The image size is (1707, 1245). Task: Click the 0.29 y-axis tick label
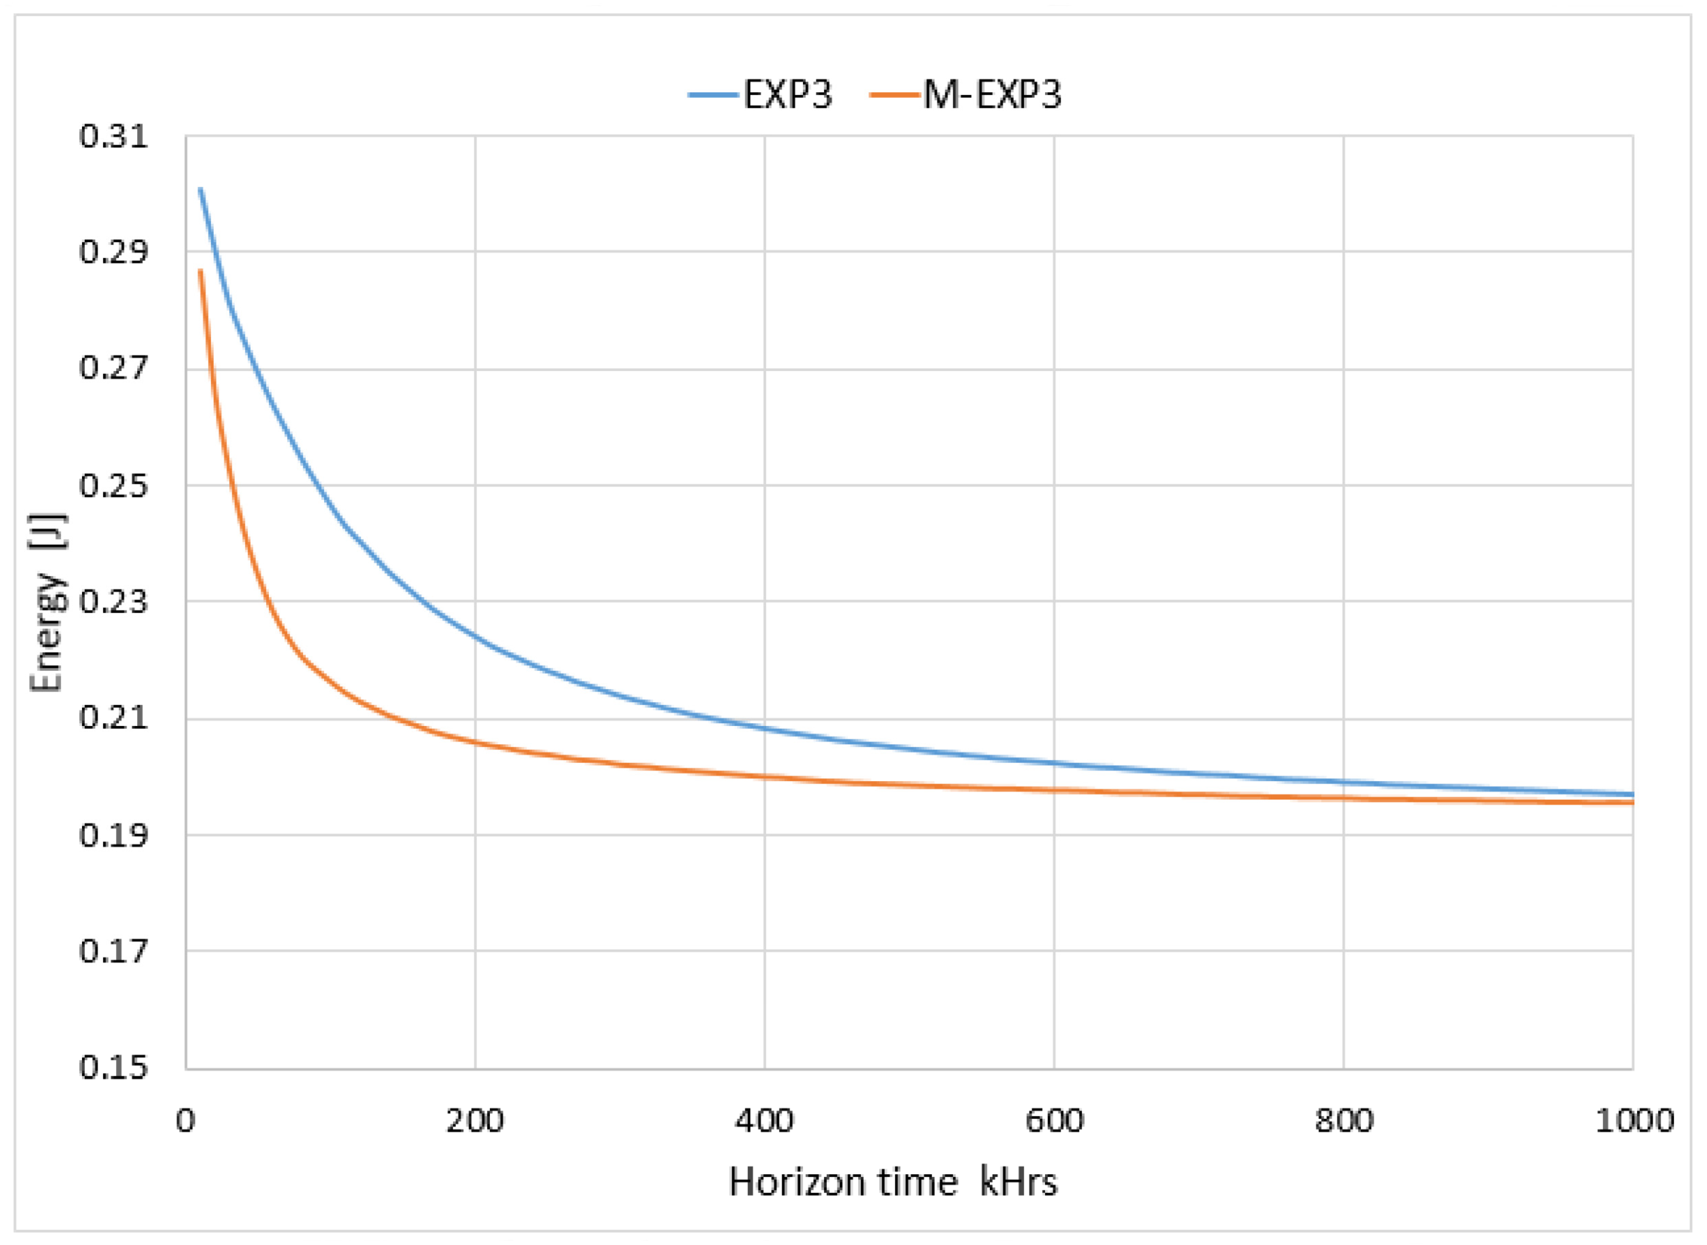tap(113, 252)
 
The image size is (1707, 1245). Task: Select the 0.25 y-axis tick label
tap(113, 485)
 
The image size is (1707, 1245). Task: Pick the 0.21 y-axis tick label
tap(113, 718)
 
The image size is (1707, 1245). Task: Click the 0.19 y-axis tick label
tap(113, 835)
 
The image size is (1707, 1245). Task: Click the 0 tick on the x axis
tap(186, 1121)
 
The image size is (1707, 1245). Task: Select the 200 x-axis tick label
tap(475, 1121)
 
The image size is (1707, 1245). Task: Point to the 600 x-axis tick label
tap(1054, 1121)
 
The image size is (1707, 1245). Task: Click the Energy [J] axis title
tap(47, 603)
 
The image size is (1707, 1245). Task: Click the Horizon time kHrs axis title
tap(893, 1182)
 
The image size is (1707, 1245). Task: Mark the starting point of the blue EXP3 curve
tap(200, 188)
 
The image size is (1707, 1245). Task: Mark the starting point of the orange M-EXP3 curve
tap(200, 270)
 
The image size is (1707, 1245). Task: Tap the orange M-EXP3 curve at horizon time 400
tap(764, 776)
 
